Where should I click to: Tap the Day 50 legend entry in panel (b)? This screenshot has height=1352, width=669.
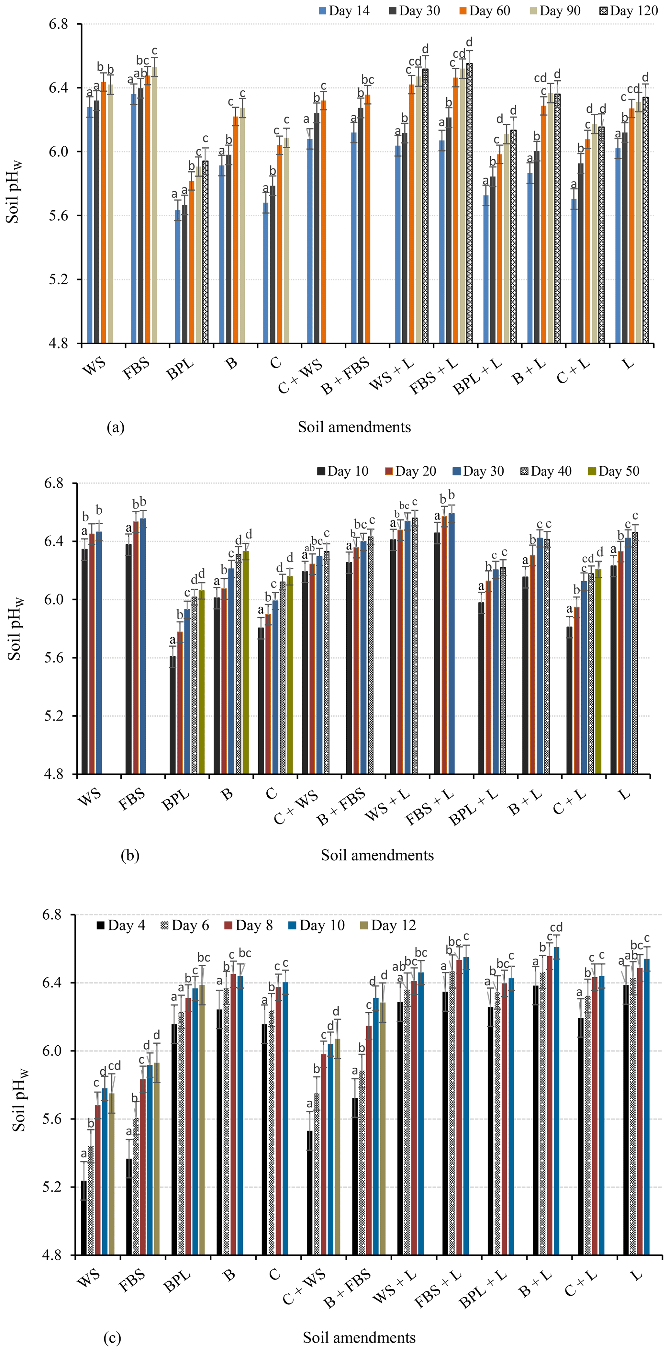613,471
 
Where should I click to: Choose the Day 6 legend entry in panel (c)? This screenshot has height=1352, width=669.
184,925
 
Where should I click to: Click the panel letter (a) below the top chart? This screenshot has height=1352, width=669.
116,427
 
